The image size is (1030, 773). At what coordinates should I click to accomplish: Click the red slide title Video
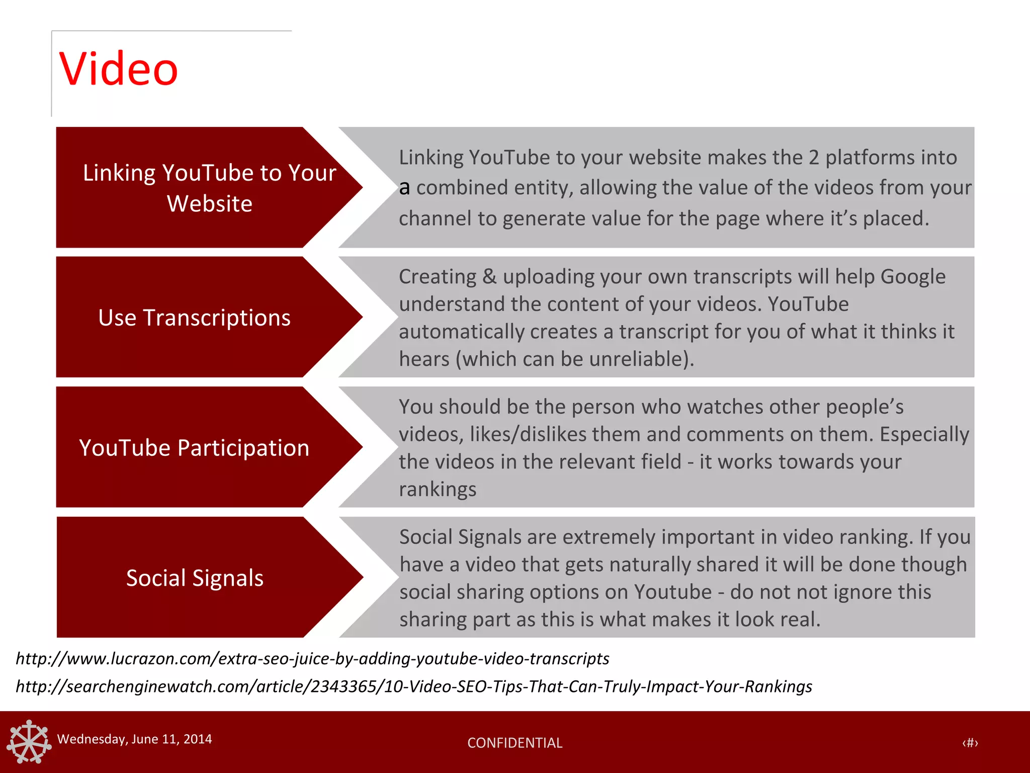(119, 69)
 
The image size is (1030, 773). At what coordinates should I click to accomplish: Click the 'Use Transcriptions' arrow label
(194, 318)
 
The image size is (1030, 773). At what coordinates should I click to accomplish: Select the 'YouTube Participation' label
(194, 448)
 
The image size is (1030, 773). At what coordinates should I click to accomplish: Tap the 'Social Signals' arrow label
(195, 578)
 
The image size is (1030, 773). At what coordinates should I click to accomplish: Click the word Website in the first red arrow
(209, 204)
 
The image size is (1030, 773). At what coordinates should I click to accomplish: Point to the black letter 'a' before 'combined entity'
(404, 188)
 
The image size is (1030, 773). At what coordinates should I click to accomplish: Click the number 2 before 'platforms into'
(814, 158)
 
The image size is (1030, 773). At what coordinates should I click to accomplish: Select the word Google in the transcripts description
(913, 277)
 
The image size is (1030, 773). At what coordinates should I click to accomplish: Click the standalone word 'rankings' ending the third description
(438, 490)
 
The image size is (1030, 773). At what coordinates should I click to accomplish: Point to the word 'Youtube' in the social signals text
(672, 592)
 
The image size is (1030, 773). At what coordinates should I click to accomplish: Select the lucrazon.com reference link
(312, 659)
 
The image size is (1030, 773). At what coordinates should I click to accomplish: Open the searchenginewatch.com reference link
(413, 686)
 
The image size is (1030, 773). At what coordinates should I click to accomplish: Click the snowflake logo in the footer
(29, 741)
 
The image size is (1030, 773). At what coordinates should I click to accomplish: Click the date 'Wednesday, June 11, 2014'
(134, 739)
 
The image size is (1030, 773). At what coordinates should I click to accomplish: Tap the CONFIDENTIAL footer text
(514, 743)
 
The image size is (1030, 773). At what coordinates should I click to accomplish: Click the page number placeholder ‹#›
(970, 743)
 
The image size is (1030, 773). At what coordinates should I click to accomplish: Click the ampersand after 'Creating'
(489, 277)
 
